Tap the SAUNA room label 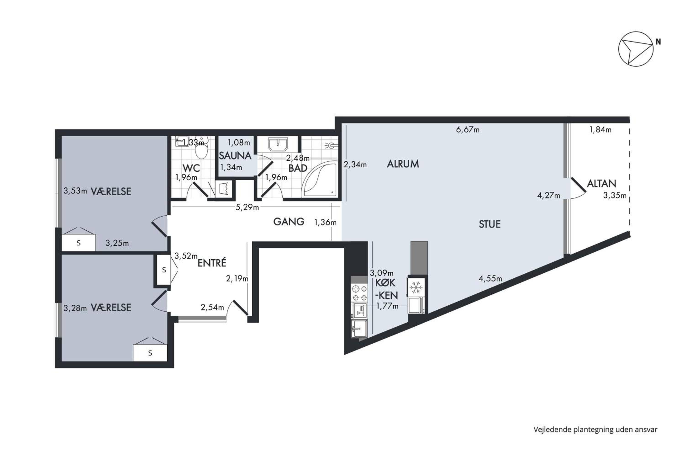coord(235,156)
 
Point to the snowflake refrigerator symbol coord(416,287)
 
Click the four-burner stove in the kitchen coord(359,293)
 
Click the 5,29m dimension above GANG coord(247,207)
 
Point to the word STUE coord(490,224)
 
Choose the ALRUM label coord(403,164)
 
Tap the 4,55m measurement coord(490,279)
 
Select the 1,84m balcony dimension coord(600,130)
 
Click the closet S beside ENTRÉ coord(164,270)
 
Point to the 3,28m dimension coord(75,308)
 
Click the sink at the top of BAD coord(278,144)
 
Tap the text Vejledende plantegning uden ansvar coord(595,430)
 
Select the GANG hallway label coord(289,222)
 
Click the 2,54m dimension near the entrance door coord(212,307)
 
